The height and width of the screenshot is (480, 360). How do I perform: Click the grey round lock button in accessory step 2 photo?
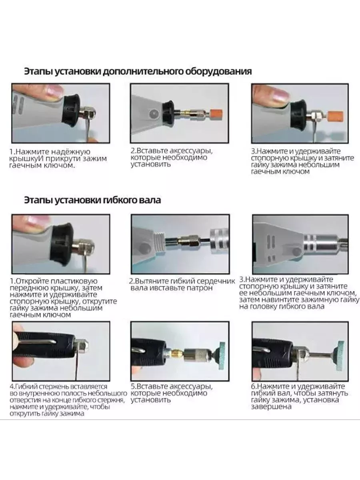pos(154,114)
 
